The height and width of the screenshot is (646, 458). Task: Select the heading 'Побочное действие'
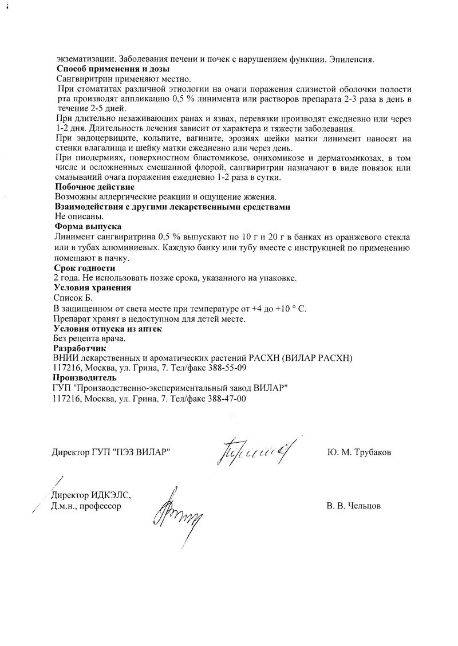coord(94,187)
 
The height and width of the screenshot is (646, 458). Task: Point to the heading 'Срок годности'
coord(85,267)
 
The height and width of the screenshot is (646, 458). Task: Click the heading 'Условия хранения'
coord(92,287)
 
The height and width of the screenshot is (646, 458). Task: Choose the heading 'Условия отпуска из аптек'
coord(108,329)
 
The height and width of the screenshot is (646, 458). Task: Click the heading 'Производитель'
coord(85,378)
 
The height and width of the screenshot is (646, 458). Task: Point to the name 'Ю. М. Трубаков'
coord(359,452)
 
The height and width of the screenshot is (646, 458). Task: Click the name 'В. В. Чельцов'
coord(354,506)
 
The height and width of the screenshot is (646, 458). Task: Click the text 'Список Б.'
coord(72,298)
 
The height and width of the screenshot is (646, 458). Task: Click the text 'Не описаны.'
coord(79,216)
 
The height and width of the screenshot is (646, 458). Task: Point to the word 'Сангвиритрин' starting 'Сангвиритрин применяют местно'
coord(84,79)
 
